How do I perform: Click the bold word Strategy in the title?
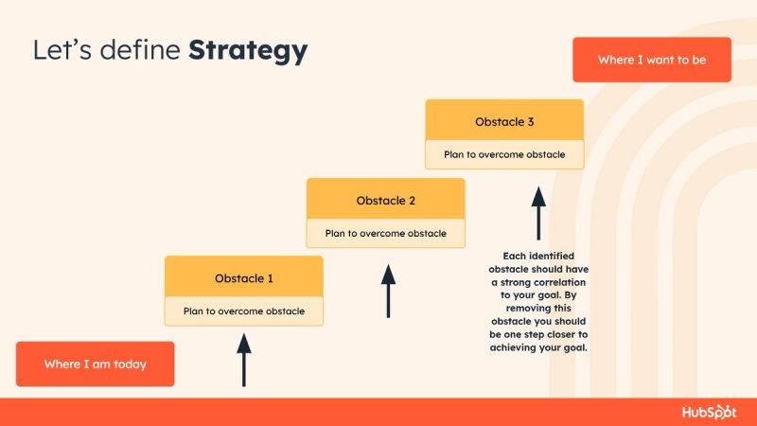coord(248,50)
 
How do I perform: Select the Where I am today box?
coord(95,364)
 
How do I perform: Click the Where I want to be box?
coord(651,60)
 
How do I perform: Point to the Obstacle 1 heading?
coord(243,278)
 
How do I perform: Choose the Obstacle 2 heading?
coord(385,201)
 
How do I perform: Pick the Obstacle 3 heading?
coord(504,122)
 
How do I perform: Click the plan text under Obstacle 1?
coord(243,311)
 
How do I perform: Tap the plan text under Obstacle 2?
coord(385,233)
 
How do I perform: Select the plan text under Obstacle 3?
coord(504,154)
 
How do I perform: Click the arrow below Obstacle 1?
coord(244,357)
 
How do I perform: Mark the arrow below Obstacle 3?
coord(538,213)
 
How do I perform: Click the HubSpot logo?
coord(709,412)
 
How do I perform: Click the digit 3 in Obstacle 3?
coord(531,122)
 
